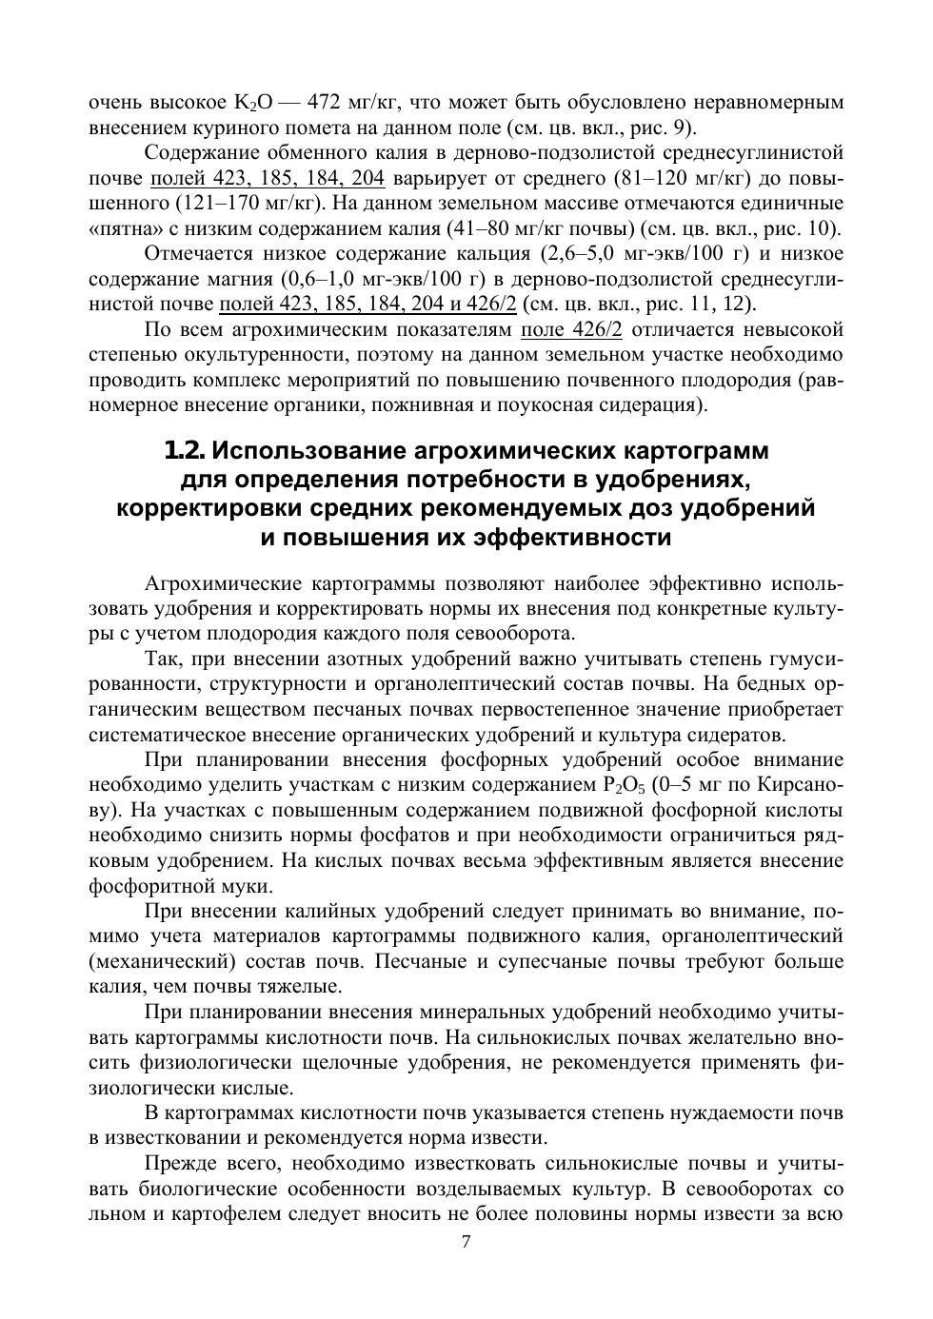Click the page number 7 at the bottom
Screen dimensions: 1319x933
click(466, 1241)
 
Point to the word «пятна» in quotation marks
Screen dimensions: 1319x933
click(121, 228)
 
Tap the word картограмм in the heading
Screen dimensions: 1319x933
click(696, 449)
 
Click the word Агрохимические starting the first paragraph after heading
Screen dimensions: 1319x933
click(218, 582)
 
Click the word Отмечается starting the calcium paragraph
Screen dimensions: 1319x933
click(195, 254)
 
